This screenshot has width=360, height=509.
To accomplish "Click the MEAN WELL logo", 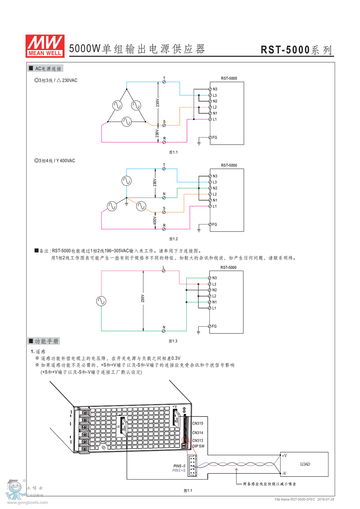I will click(x=45, y=46).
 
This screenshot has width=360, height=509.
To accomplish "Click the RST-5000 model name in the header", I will click(x=285, y=50).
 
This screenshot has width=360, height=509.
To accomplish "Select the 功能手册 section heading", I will click(x=44, y=341).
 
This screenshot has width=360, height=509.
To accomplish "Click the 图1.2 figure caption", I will click(x=173, y=239).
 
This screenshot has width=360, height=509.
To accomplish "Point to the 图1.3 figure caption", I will click(x=173, y=341).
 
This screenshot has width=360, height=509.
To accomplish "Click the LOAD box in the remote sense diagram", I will click(x=305, y=464).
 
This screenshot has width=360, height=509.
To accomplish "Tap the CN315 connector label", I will click(x=198, y=424).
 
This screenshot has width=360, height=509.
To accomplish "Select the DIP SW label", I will click(x=198, y=447).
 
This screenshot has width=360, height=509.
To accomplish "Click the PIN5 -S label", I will click(x=179, y=466).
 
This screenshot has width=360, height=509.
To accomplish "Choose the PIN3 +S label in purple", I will click(x=179, y=470).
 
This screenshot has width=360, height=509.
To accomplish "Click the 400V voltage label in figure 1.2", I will click(x=155, y=221).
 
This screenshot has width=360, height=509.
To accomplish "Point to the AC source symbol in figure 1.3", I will click(x=101, y=301).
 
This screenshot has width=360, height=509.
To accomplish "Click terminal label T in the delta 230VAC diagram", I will click(x=164, y=78).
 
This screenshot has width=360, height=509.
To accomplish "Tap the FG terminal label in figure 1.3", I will click(x=214, y=326).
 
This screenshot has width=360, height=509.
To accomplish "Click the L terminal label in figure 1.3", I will click(x=164, y=267).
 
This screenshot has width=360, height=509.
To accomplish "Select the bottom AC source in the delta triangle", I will click(x=126, y=121).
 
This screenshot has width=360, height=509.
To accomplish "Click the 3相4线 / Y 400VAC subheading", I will click(x=55, y=161).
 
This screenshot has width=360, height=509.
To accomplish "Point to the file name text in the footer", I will click(x=304, y=500).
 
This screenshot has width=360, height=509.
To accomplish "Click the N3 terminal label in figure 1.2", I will click(x=215, y=176).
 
